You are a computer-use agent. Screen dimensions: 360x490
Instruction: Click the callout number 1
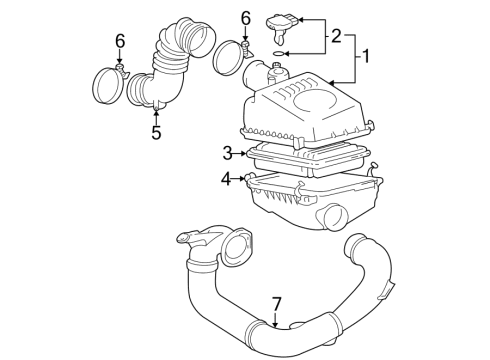(x=366, y=56)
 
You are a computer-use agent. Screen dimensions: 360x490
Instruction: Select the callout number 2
(x=336, y=37)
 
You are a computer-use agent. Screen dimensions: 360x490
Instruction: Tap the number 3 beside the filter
(x=228, y=153)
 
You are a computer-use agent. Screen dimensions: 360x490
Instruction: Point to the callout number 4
(x=226, y=180)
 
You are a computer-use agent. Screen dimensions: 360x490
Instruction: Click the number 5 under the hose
(x=156, y=131)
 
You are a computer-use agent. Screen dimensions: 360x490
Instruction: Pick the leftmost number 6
(x=120, y=41)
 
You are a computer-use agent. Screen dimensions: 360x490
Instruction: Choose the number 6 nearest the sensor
(x=246, y=18)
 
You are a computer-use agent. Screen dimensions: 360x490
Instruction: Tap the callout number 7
(x=277, y=304)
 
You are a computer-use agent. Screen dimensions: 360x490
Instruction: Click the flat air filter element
(x=305, y=158)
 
